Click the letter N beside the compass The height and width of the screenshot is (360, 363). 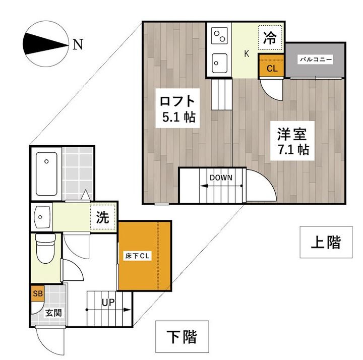pos(78,44)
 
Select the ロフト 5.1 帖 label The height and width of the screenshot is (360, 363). pos(177,108)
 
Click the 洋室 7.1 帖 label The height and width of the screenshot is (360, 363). pos(292,141)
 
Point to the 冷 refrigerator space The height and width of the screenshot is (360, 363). pos(270,37)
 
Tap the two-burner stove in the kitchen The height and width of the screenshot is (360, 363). pos(219,36)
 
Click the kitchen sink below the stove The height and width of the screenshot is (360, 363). pos(219,63)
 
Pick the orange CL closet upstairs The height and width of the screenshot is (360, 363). pos(271,66)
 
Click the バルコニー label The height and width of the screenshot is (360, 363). pos(315,59)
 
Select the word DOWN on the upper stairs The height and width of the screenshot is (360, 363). pos(221,177)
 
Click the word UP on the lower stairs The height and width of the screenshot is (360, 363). pos(108,303)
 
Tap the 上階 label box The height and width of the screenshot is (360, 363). pos(326,242)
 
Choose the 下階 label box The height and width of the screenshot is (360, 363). pos(182,336)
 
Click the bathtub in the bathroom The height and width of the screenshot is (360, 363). pos(46,173)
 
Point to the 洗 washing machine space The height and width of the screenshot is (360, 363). pos(103,217)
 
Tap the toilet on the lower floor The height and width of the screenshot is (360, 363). pos(45,248)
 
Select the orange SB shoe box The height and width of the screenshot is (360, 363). pos(38,293)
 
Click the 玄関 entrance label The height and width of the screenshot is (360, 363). pos(53,313)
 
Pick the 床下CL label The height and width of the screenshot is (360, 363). pos(137,256)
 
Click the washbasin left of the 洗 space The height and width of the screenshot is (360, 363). pos(42,217)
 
